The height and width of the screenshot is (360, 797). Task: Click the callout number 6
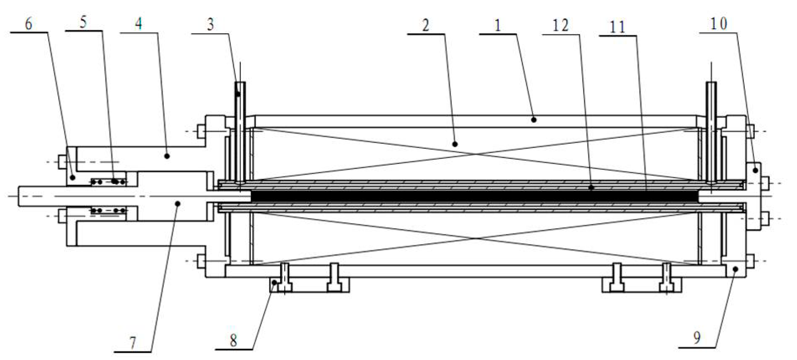pyautogui.click(x=29, y=24)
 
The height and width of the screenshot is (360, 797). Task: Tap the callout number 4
pyautogui.click(x=139, y=24)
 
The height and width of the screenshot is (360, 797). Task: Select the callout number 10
pyautogui.click(x=718, y=24)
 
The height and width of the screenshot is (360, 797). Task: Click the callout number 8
pyautogui.click(x=234, y=341)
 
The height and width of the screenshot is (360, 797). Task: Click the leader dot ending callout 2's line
pyautogui.click(x=455, y=144)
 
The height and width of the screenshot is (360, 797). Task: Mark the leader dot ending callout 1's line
pyautogui.click(x=534, y=119)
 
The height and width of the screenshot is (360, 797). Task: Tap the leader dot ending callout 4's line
pyautogui.click(x=167, y=156)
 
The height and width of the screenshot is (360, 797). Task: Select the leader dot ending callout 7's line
pyautogui.click(x=178, y=203)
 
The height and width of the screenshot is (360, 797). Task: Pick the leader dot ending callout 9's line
pyautogui.click(x=736, y=269)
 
